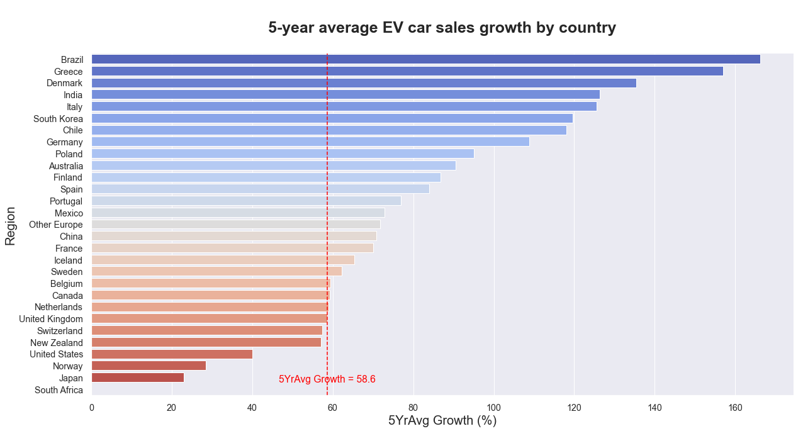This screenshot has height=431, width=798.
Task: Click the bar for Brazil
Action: click(425, 59)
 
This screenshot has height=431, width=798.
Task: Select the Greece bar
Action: click(407, 71)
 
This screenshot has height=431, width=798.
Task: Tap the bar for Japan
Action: click(138, 378)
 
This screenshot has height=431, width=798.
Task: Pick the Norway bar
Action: click(149, 366)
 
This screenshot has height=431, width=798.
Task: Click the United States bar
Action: click(172, 354)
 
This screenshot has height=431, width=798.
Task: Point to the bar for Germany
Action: click(310, 142)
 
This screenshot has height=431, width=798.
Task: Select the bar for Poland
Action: click(283, 154)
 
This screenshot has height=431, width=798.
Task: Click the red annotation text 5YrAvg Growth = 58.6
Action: click(327, 379)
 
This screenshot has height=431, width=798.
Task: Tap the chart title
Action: click(442, 28)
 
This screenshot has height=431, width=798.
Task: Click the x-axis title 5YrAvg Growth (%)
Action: click(442, 420)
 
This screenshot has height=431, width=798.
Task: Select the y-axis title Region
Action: click(10, 225)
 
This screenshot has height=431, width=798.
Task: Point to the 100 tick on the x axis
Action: click(493, 408)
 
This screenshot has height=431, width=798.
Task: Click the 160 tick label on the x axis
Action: click(734, 408)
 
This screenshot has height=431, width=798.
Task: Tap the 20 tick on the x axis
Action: click(172, 408)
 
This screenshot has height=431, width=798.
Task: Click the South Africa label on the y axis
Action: click(59, 390)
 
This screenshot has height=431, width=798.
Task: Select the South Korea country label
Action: click(58, 118)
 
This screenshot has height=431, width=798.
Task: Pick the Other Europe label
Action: click(55, 225)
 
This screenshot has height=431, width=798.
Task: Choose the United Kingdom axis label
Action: click(50, 319)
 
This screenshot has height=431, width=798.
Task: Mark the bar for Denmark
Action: click(364, 82)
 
